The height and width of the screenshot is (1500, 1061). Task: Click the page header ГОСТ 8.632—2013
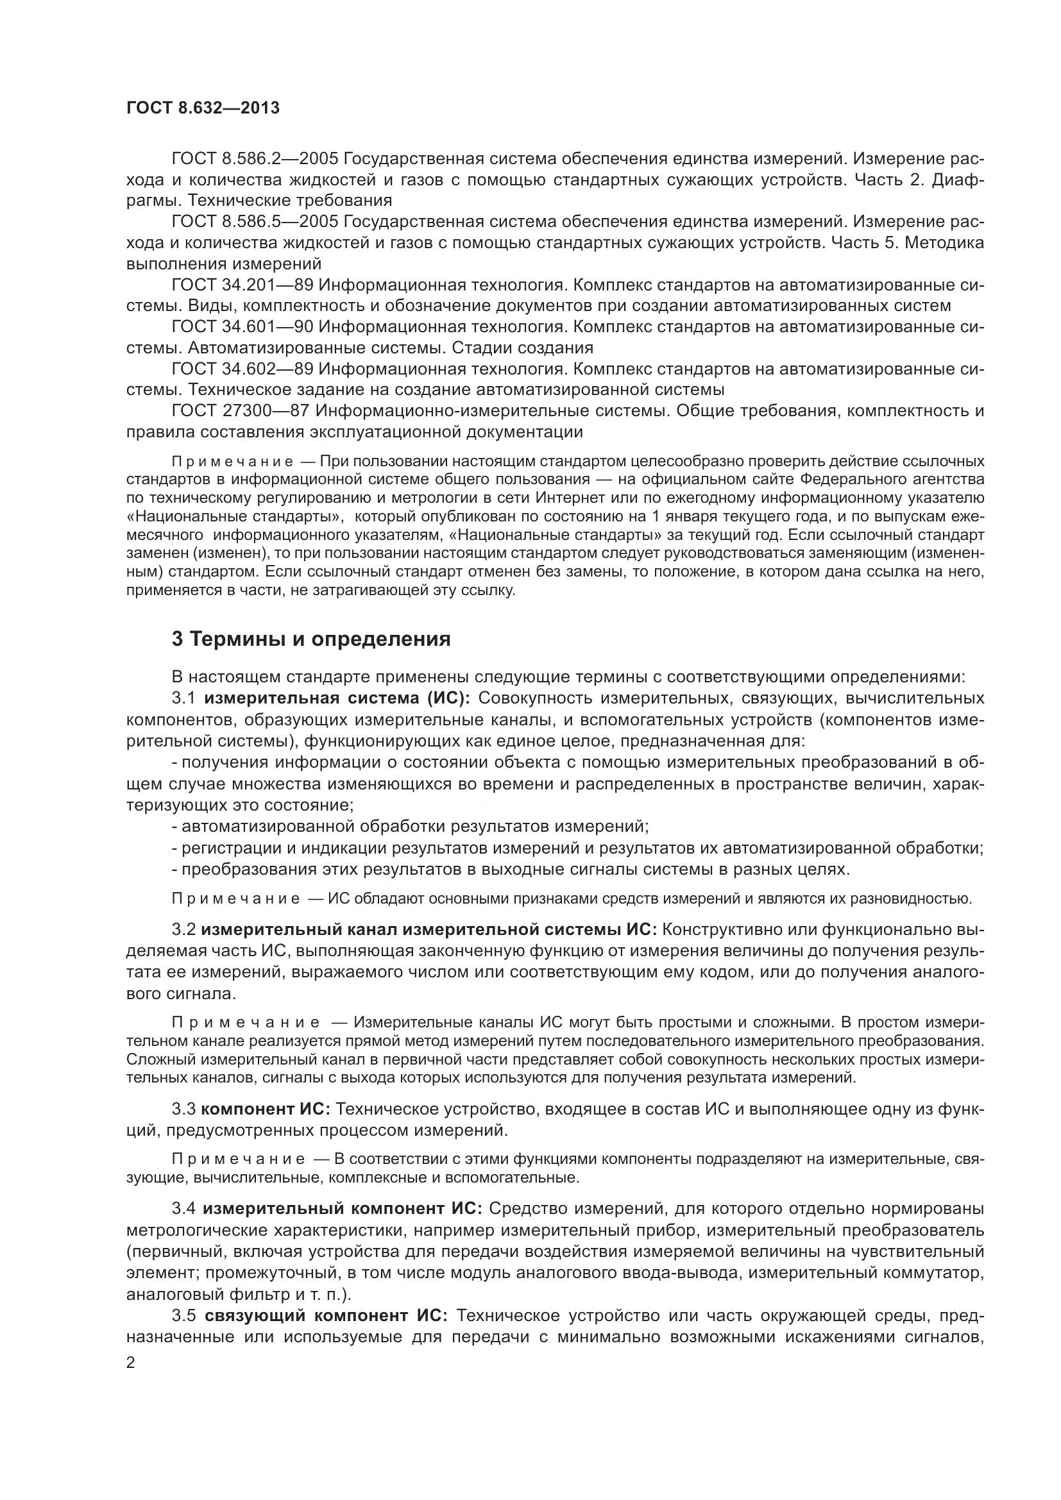[x=203, y=108]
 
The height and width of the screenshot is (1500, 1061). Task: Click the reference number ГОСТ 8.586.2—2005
[x=254, y=159]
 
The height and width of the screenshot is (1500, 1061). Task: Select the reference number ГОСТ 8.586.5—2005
[x=254, y=222]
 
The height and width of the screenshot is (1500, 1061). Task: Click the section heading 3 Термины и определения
[x=311, y=639]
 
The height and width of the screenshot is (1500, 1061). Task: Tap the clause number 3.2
[x=183, y=930]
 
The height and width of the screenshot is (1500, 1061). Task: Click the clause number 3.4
[x=183, y=1209]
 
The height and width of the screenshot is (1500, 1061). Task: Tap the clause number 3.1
[x=183, y=698]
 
